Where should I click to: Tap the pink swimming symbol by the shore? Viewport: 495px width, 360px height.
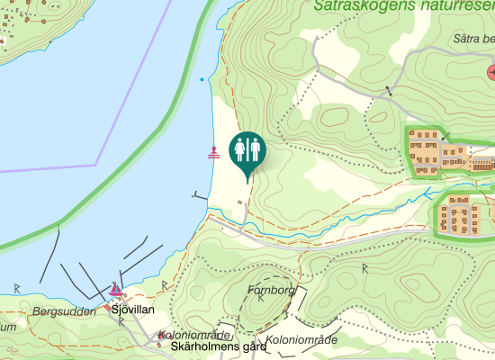214,152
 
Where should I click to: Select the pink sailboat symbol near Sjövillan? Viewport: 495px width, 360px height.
116,289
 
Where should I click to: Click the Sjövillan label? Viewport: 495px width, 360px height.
133,310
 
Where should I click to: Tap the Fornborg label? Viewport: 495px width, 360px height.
269,290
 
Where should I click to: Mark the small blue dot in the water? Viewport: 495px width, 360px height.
201,79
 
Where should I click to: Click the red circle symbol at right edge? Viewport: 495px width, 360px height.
491,71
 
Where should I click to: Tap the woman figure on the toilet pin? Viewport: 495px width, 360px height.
240,148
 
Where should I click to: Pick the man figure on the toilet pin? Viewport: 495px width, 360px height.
255,148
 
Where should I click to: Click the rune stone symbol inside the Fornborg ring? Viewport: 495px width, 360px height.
259,299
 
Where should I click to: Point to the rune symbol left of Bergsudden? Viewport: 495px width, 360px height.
17,288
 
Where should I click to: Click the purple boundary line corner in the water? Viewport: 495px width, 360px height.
96,165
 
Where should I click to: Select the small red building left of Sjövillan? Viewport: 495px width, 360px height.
107,307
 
